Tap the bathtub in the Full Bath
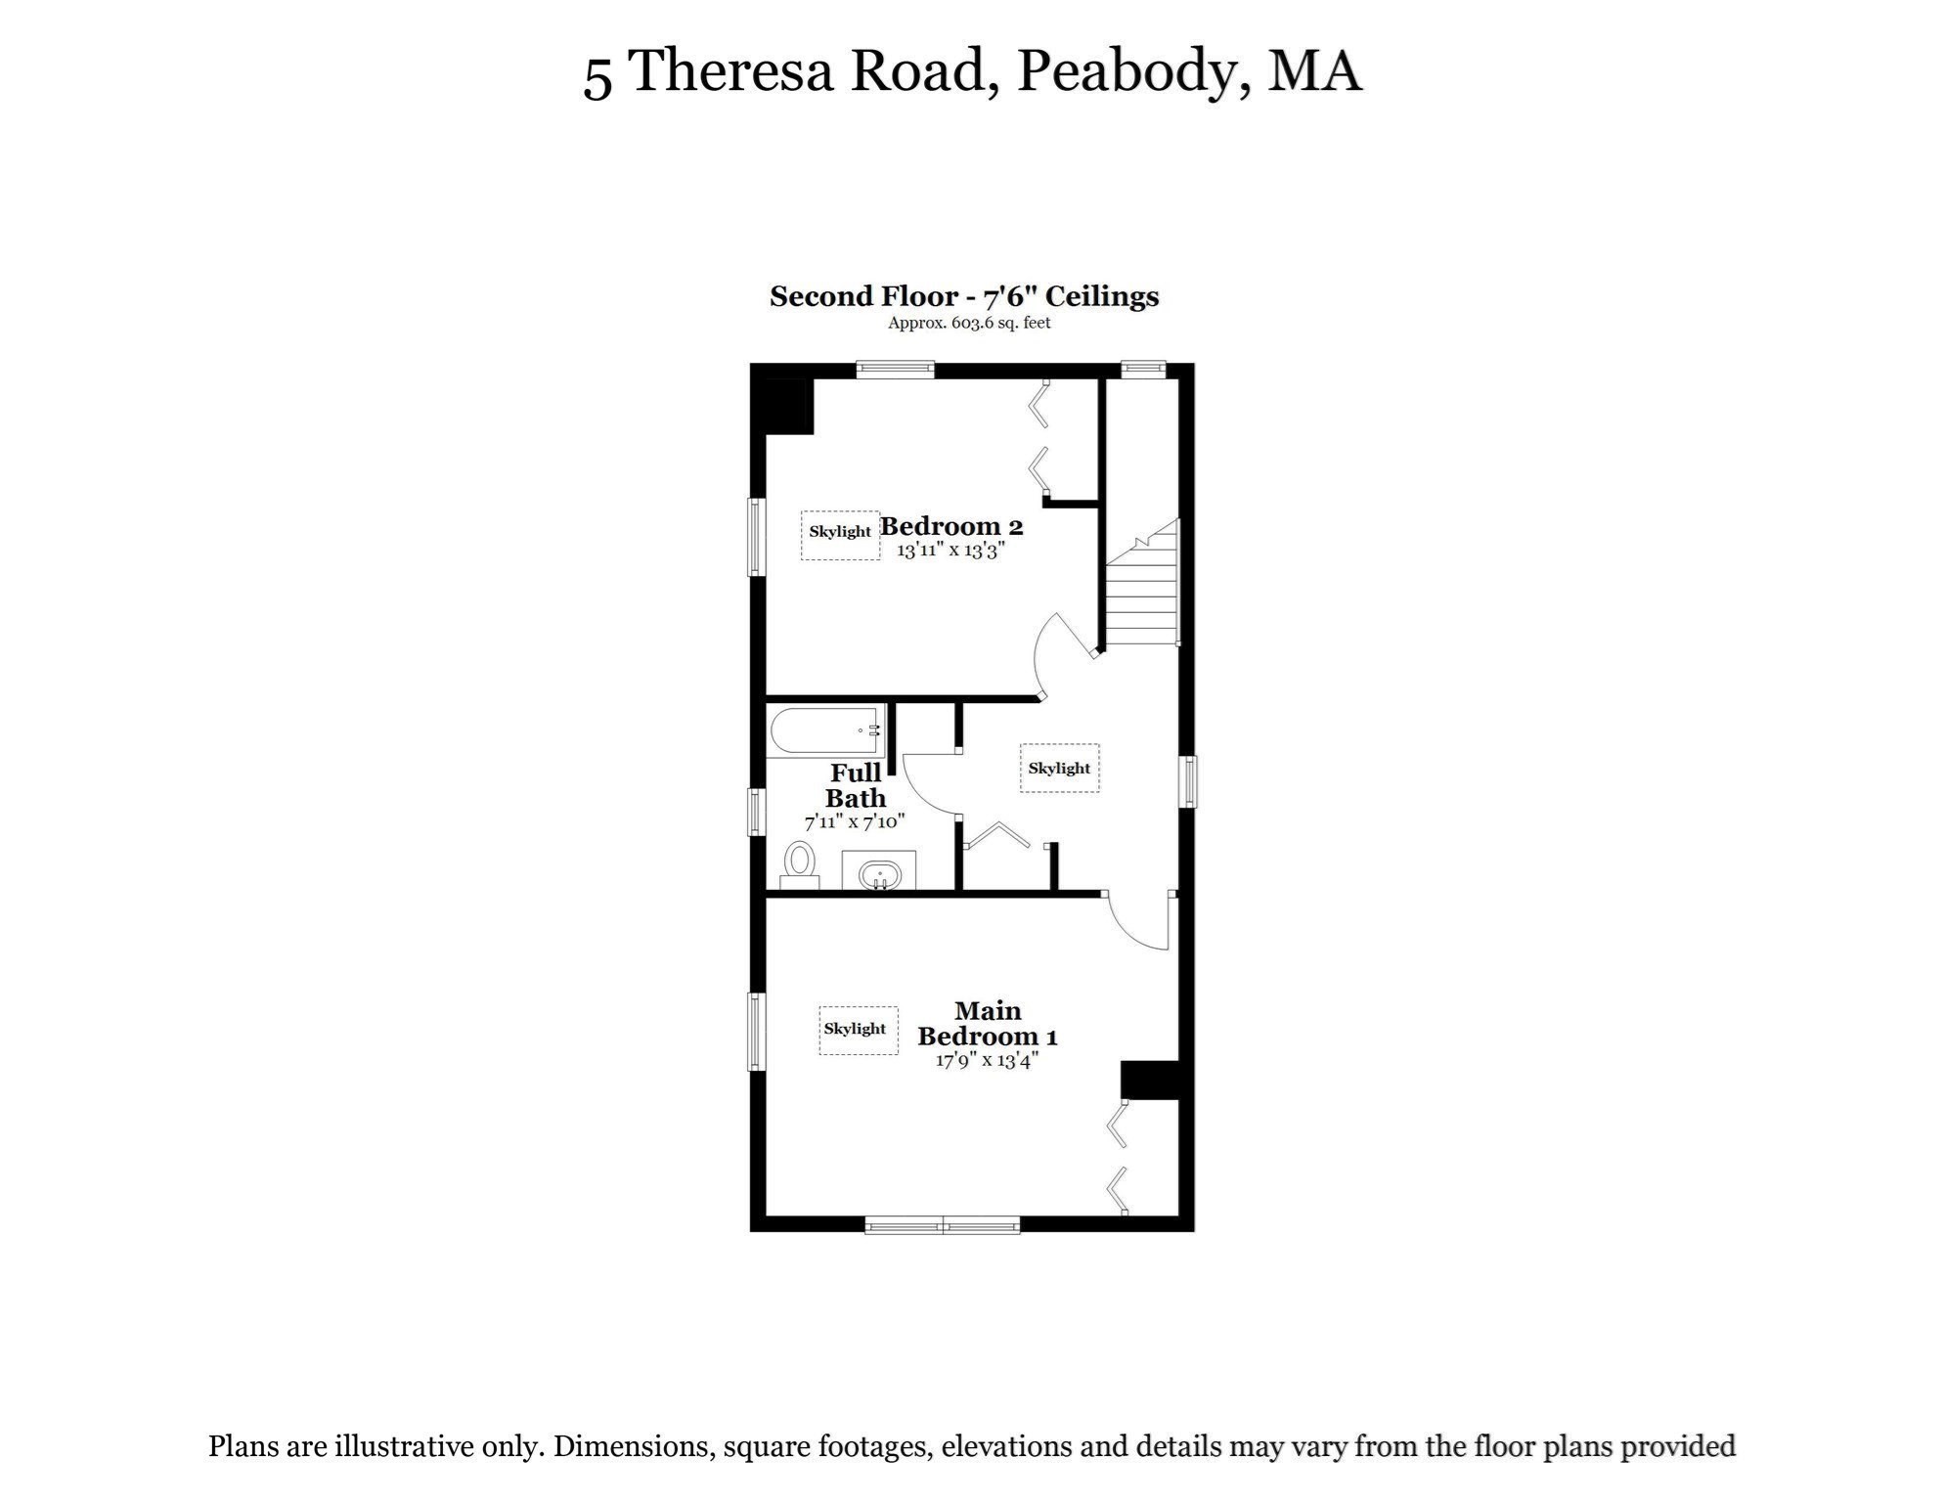point(825,730)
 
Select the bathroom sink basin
point(879,873)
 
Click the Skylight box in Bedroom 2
point(840,534)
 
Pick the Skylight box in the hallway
point(1059,769)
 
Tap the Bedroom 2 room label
point(950,526)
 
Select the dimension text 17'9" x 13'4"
point(986,1060)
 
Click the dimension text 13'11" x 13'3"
point(950,551)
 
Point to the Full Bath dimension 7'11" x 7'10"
point(855,821)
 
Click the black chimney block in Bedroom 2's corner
point(788,406)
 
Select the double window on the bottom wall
point(943,1224)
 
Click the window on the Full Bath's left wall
point(756,812)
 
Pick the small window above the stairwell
point(1142,370)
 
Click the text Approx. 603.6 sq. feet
point(968,323)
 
